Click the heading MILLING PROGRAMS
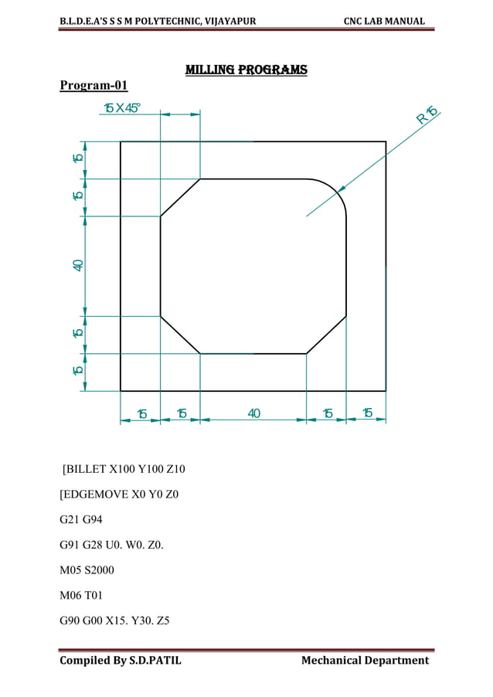(246, 70)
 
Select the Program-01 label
(93, 85)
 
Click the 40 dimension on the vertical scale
(78, 265)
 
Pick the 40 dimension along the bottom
(253, 413)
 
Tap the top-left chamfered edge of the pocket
(180, 198)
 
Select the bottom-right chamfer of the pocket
(326, 335)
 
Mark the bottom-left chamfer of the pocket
(180, 335)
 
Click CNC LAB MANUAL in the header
(385, 20)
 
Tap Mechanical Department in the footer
(365, 660)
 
